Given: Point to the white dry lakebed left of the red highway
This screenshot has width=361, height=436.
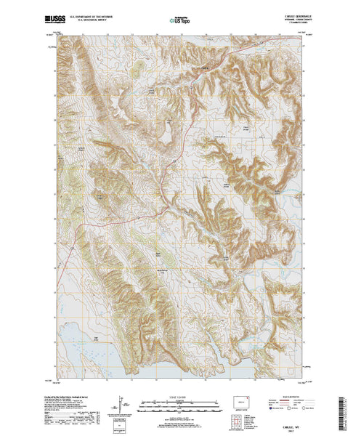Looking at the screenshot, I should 166,134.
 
